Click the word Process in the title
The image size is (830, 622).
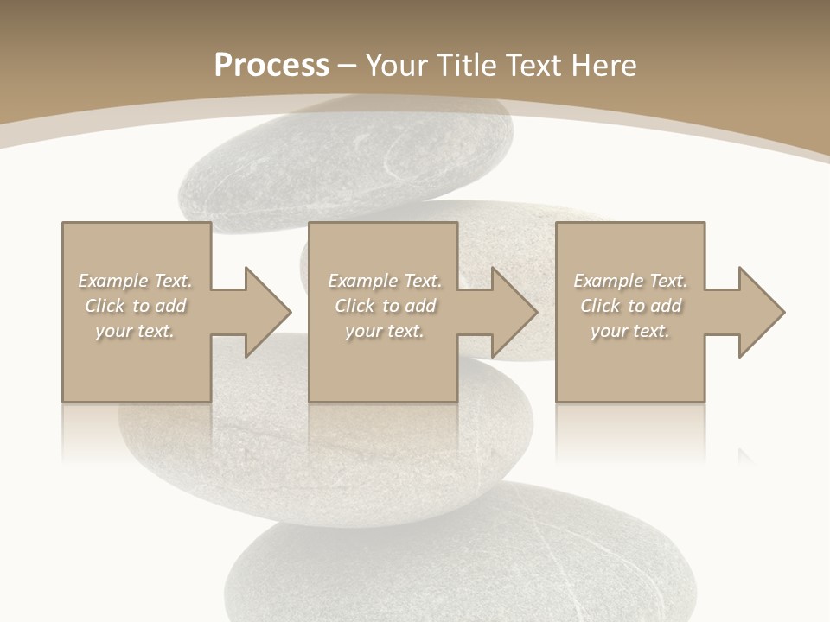[271, 66]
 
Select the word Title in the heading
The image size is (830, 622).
[468, 66]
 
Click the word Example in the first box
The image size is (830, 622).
[113, 281]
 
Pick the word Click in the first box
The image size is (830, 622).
[105, 306]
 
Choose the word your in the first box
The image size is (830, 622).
[112, 331]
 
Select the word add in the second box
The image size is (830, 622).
[420, 306]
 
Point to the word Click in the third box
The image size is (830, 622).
[600, 306]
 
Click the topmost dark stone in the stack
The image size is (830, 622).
[346, 160]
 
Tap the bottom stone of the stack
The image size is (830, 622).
[458, 562]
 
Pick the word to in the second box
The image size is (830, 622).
[390, 306]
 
